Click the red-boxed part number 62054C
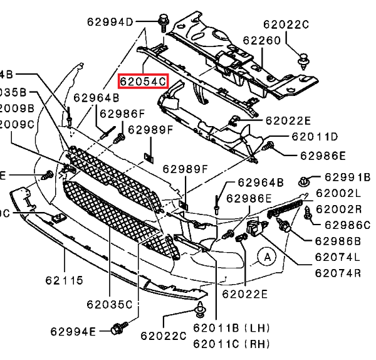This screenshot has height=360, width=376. click(144, 80)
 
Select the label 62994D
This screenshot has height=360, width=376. click(110, 23)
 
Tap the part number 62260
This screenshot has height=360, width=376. click(261, 41)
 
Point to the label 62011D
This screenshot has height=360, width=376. click(313, 137)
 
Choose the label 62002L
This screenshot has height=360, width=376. click(339, 193)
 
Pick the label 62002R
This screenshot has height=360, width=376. click(339, 209)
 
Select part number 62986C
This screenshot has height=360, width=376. click(346, 225)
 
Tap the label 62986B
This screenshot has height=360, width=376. click(339, 241)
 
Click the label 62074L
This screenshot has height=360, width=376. click(338, 257)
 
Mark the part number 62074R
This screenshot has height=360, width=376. click(338, 273)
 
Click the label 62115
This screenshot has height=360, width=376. click(63, 281)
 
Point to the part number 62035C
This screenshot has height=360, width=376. click(109, 305)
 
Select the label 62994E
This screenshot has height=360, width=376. click(73, 331)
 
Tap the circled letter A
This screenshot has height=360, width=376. click(268, 256)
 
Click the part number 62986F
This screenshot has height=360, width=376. click(122, 114)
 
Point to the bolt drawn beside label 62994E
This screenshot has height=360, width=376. click(118, 329)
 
